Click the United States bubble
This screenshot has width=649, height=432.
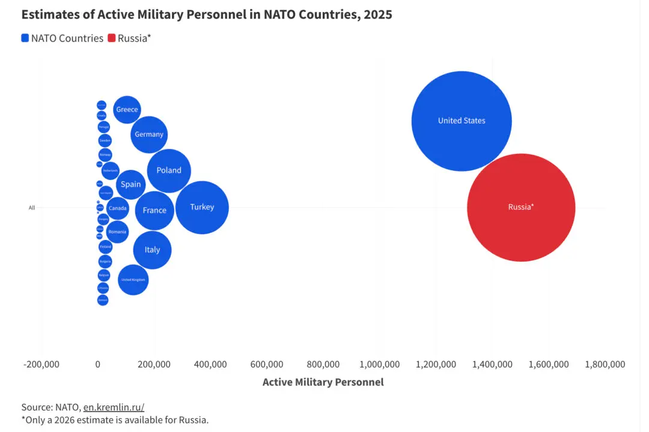point(462,121)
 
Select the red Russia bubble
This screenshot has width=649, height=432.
point(521,208)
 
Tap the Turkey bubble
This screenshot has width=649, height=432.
point(202,208)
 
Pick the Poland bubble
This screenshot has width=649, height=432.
point(169,171)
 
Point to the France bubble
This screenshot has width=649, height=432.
point(154,211)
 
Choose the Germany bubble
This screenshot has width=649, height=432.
point(148,134)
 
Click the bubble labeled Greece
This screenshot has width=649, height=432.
point(127,110)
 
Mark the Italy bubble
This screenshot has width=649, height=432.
point(152,250)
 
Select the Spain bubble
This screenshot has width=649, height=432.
point(130,185)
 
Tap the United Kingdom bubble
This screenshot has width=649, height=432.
point(133,280)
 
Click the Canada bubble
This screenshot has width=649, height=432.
point(118,209)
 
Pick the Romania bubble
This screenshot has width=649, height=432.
point(117,232)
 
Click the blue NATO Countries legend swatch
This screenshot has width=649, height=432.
point(25,38)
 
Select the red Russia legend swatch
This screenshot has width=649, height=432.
point(111,38)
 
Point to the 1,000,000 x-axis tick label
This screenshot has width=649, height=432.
point(379,365)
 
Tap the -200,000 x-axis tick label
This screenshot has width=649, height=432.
point(42,365)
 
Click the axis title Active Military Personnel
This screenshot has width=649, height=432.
point(323,382)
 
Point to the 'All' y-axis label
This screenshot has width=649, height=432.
point(32,208)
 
